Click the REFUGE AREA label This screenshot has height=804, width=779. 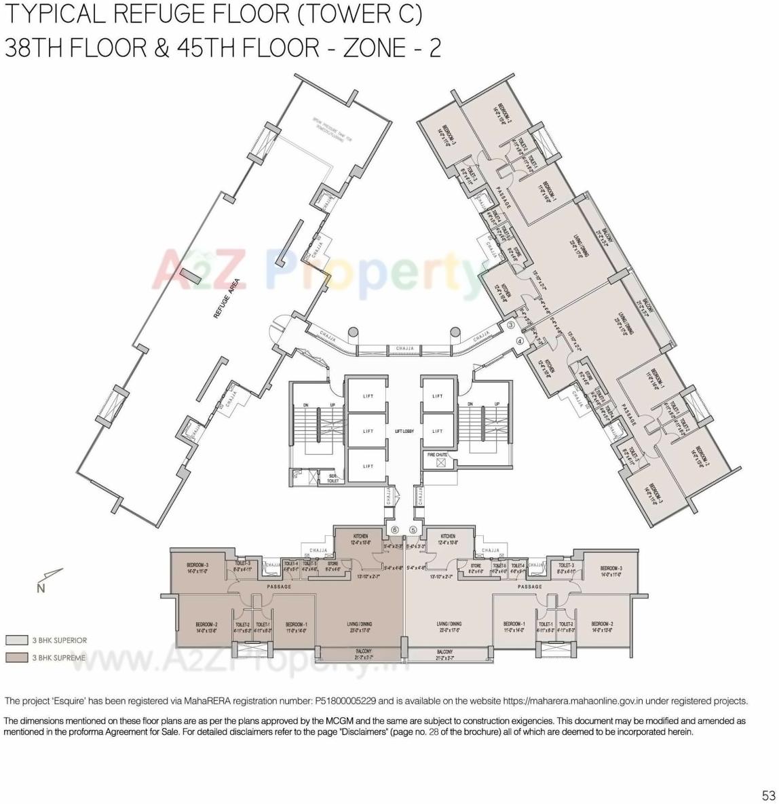(x=227, y=299)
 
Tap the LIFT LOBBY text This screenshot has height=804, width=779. (x=404, y=431)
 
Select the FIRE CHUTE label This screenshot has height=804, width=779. (x=437, y=455)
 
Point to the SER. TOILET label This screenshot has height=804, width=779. (x=333, y=478)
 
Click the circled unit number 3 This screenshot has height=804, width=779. (x=511, y=325)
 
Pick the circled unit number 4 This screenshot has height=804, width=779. (x=520, y=341)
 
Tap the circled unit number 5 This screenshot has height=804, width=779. (x=413, y=530)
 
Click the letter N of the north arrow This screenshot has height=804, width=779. (x=41, y=588)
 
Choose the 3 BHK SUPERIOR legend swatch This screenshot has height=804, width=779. (x=16, y=640)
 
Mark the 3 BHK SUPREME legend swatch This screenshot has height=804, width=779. (x=16, y=657)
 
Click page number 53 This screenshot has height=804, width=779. (x=768, y=795)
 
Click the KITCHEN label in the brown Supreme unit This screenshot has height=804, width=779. (x=360, y=536)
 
